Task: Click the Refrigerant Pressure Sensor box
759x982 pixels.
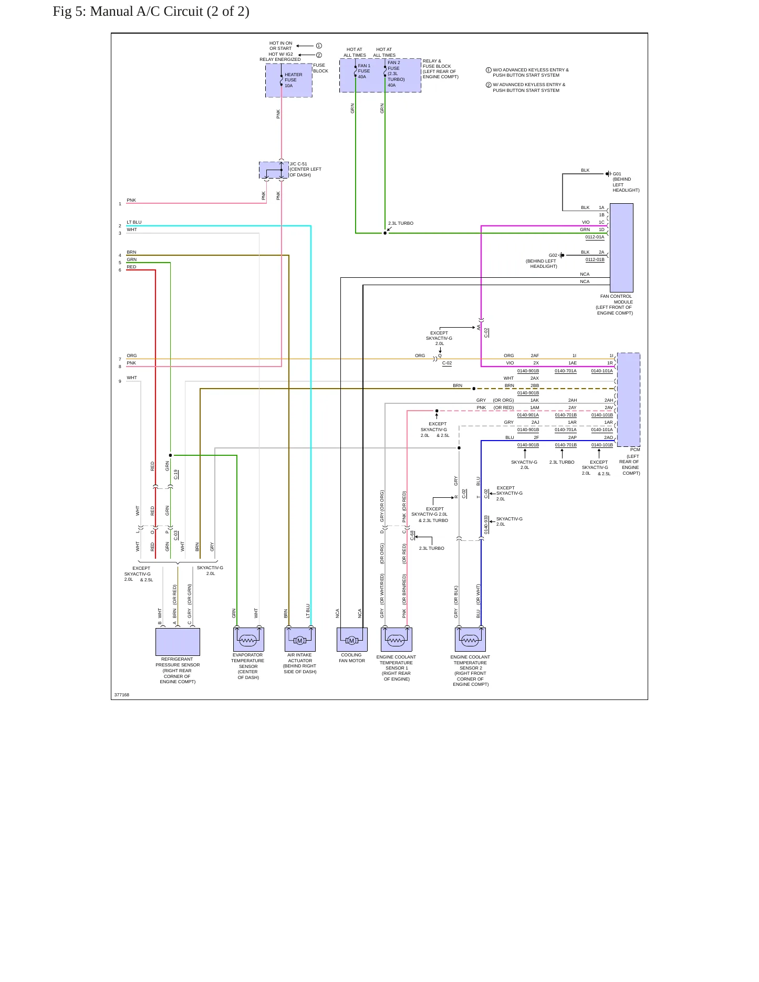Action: pos(178,642)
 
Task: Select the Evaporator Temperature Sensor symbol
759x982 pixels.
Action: pos(248,640)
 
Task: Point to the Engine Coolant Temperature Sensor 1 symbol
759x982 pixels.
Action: pos(397,640)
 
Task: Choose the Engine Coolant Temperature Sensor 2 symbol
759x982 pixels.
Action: pos(470,640)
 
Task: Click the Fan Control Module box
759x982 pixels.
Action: pos(621,248)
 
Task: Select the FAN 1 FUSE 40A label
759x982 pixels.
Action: pos(364,71)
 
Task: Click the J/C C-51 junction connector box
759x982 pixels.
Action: pos(274,170)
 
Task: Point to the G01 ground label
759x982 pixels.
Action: pos(617,174)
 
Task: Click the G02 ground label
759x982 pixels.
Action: pos(553,255)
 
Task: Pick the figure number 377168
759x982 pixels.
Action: pos(122,695)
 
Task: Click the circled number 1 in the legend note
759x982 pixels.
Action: pos(488,70)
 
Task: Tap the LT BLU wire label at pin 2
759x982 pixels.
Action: pos(134,222)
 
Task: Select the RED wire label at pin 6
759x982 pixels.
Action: pos(131,267)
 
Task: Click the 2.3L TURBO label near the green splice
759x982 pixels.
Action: pos(401,223)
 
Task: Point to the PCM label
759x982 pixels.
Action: pos(635,450)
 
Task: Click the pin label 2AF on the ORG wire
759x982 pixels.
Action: pos(535,356)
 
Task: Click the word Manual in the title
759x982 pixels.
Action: pos(111,12)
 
